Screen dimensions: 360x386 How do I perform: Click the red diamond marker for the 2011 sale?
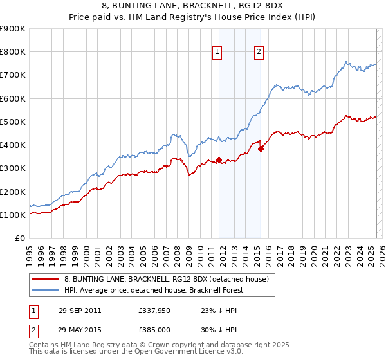tap(219, 159)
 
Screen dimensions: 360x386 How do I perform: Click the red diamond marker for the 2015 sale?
tap(261, 148)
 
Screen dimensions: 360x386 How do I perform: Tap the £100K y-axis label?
tap(13, 215)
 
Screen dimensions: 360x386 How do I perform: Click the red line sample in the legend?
tap(45, 279)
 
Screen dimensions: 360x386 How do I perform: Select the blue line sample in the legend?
tap(45, 290)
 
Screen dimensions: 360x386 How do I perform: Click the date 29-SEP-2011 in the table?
tap(79, 310)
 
